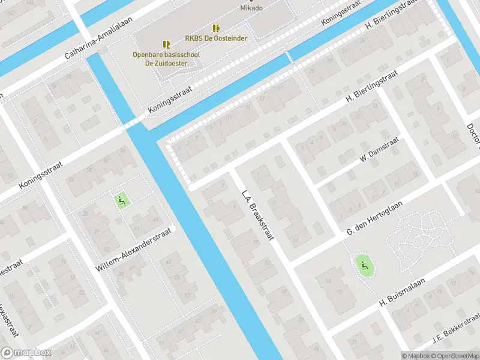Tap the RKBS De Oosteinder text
216,38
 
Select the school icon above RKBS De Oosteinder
216,28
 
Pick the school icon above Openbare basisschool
166,44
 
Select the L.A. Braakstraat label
258,215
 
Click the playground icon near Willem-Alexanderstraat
122,200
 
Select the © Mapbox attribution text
415,355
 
